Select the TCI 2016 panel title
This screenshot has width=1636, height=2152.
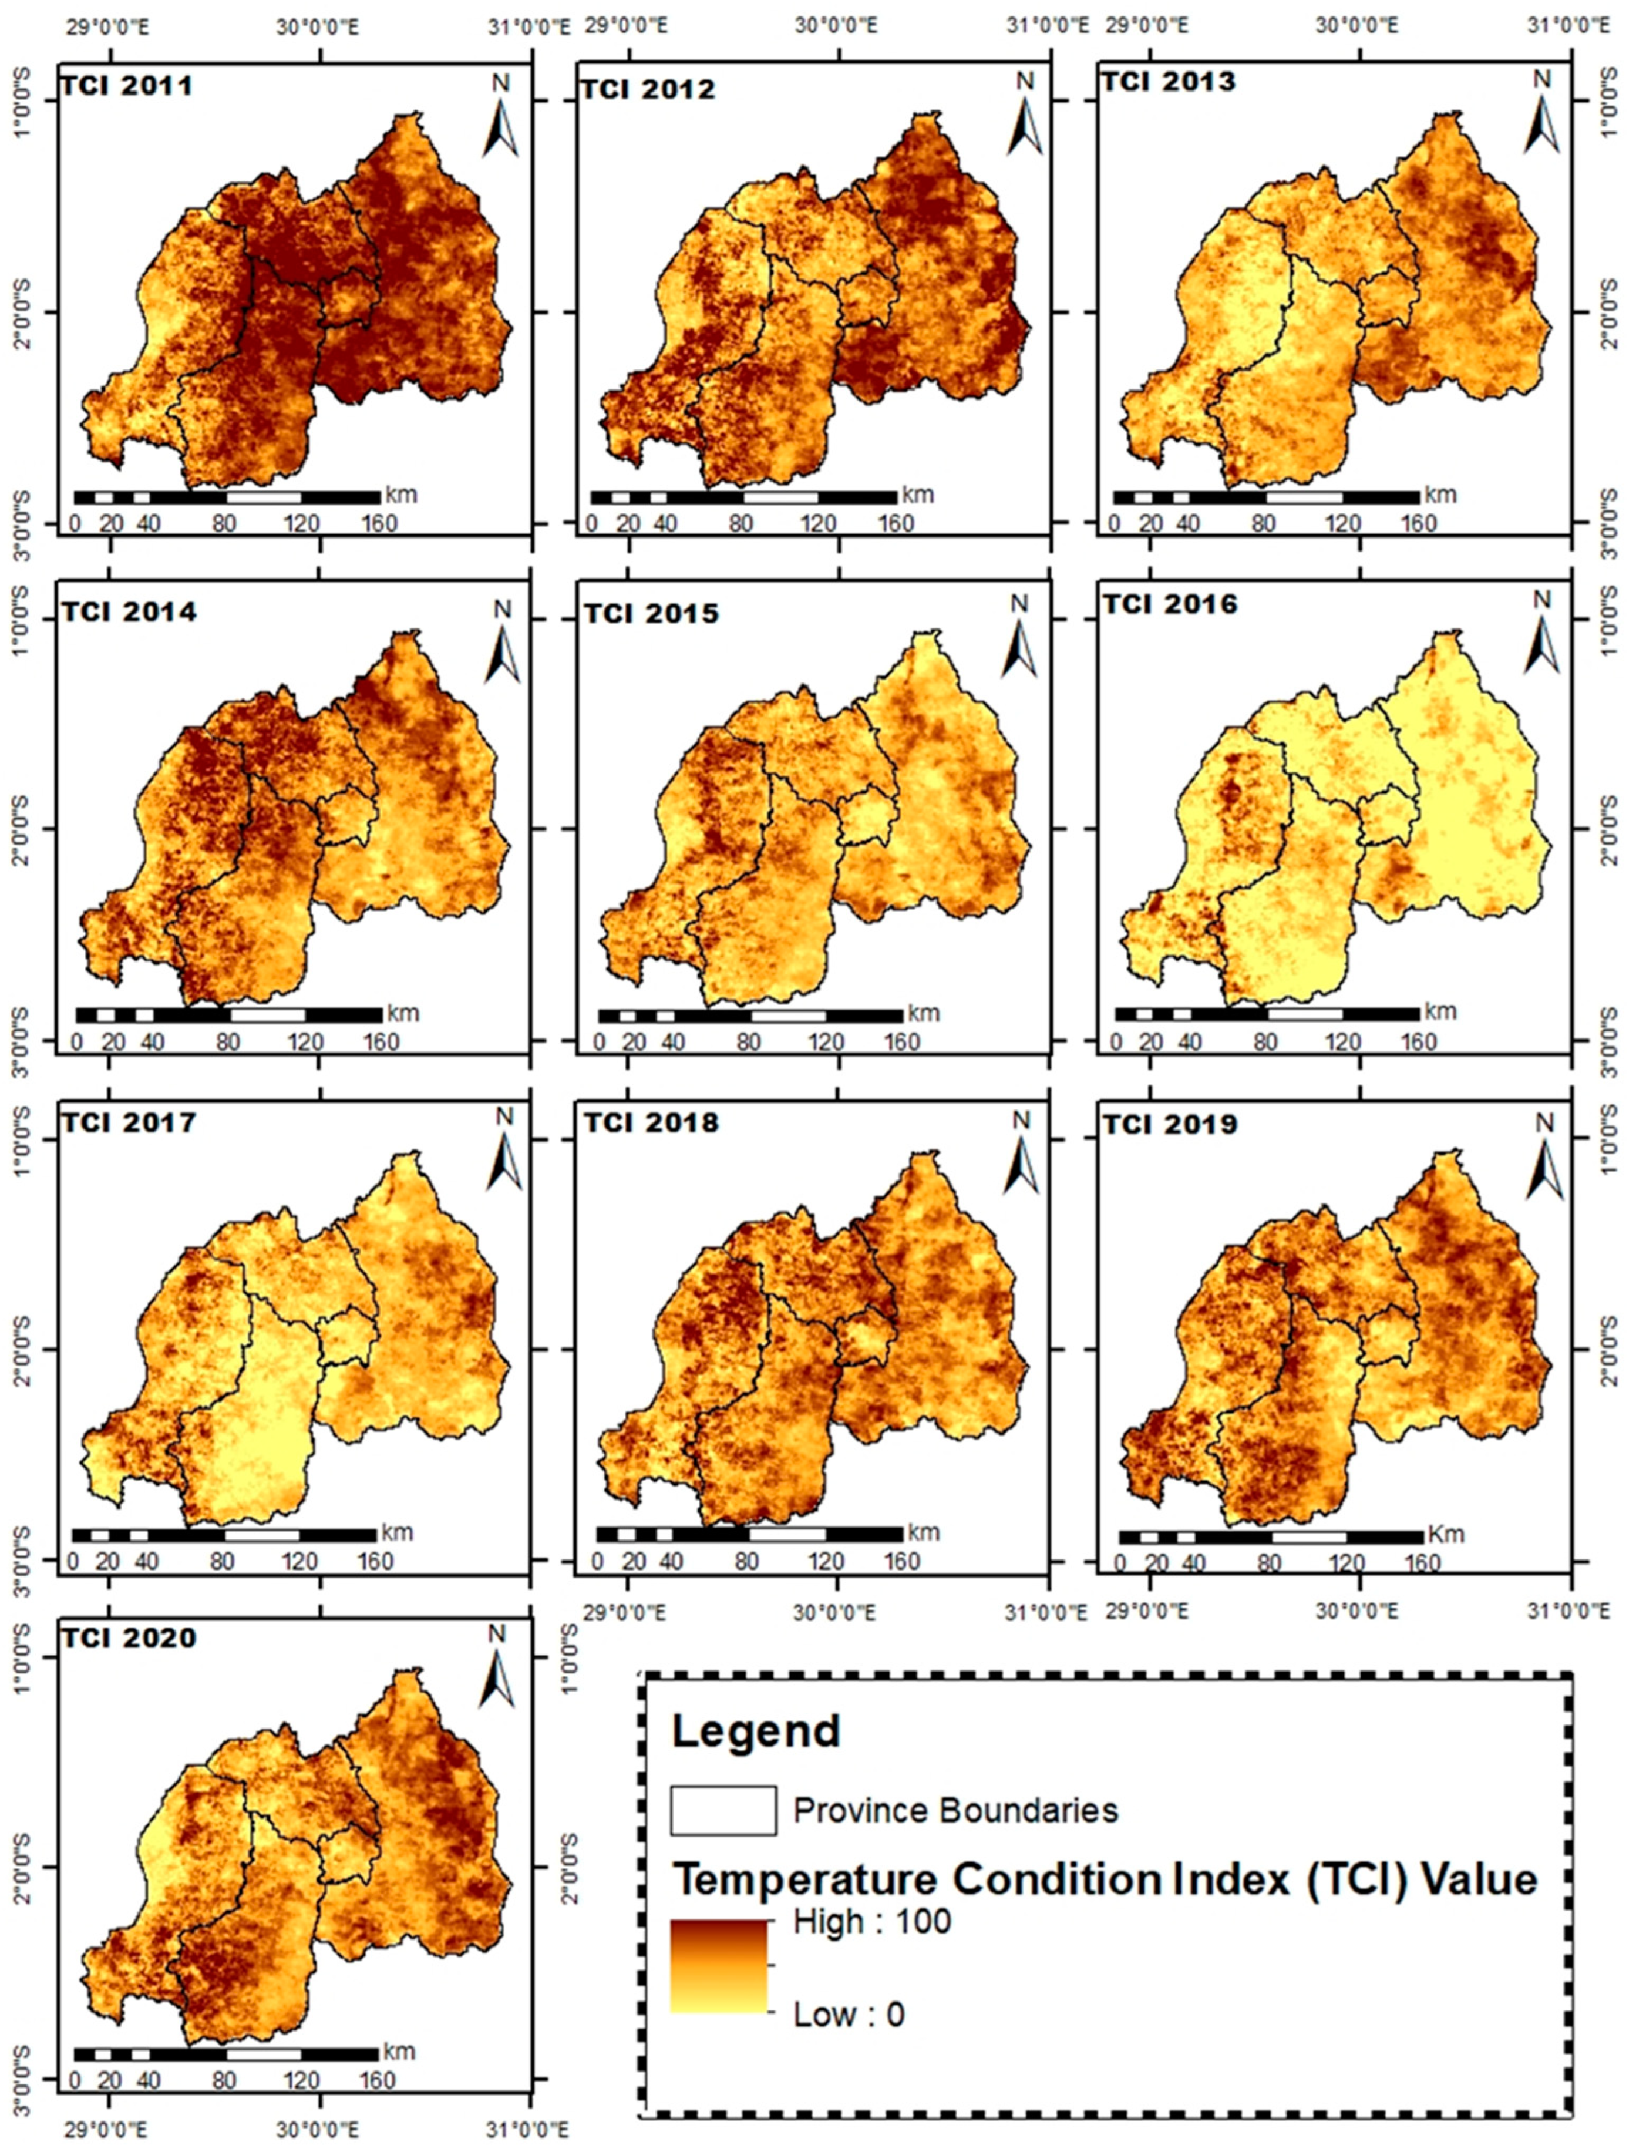pos(1170,605)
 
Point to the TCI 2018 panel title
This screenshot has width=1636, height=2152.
pos(651,1123)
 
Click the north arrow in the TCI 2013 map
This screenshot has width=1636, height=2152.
pos(1541,115)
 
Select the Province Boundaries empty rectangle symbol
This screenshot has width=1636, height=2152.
pos(722,1810)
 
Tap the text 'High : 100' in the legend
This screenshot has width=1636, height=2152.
pos(871,1921)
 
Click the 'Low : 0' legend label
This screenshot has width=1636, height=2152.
pos(848,2014)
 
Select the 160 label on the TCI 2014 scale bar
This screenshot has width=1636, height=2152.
pos(381,1043)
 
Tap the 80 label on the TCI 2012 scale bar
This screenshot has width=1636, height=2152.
pos(741,524)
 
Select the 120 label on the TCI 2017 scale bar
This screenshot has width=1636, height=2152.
pos(299,1562)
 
